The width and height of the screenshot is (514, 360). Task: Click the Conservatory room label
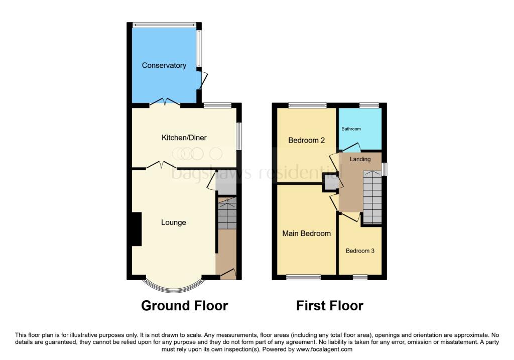point(164,65)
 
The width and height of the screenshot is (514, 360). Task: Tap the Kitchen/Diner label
point(184,138)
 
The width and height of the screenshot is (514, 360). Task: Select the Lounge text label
point(174,222)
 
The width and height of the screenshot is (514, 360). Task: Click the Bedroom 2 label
point(306,141)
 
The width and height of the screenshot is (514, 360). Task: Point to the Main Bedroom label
point(306,233)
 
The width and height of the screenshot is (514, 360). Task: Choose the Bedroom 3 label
point(360,251)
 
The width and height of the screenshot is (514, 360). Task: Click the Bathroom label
point(351,129)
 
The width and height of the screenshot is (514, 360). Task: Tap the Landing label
point(360,159)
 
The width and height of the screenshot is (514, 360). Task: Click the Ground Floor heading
point(184,305)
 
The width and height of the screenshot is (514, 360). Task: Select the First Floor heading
point(329,305)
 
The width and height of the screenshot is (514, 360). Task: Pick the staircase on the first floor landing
point(372,197)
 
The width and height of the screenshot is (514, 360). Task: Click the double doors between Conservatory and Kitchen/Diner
point(165,102)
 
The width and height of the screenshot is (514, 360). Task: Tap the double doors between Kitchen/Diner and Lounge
point(161,165)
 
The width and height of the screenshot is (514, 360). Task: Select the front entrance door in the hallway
point(227,274)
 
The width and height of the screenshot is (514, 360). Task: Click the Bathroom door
point(351,147)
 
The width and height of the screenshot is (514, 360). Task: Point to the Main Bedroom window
point(303,277)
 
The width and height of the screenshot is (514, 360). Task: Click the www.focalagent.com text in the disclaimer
point(325,349)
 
